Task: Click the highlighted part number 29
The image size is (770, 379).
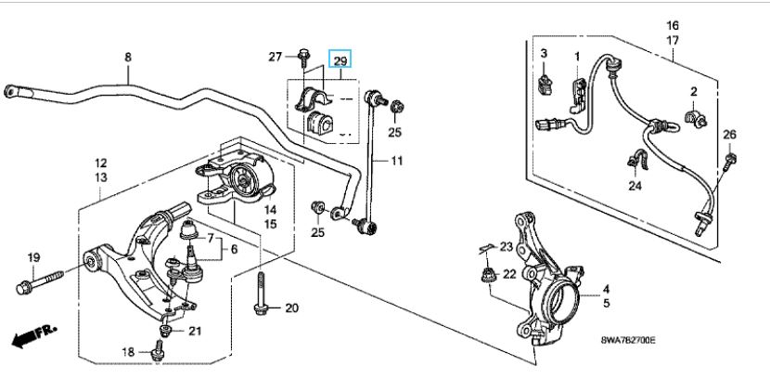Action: [340, 60]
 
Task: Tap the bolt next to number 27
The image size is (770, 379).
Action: [304, 58]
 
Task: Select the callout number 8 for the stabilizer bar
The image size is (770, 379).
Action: [129, 58]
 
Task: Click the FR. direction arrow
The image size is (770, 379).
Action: [31, 336]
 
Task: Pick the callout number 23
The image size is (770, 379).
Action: [506, 246]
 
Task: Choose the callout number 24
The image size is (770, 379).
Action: [635, 185]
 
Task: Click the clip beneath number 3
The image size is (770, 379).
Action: [544, 86]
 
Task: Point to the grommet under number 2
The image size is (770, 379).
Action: [693, 116]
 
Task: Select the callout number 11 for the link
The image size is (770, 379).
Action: [397, 163]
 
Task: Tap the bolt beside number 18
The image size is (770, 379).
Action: [158, 351]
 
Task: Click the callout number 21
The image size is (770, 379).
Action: [194, 332]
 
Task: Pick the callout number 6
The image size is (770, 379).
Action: [234, 249]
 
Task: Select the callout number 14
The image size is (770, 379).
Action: [271, 211]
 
